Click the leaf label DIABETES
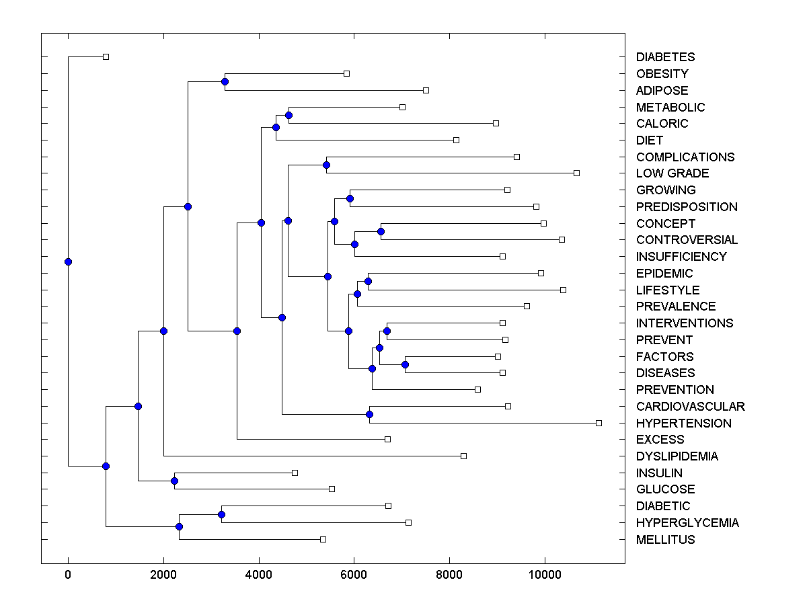665,57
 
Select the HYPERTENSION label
683,424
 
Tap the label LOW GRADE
672,173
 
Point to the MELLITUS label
665,540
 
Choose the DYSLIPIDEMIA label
677,456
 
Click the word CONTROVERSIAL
687,240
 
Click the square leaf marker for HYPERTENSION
599,423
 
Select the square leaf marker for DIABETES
106,57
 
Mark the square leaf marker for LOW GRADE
576,173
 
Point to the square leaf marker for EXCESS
387,439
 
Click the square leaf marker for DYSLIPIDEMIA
463,456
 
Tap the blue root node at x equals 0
68,261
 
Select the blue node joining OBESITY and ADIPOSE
225,82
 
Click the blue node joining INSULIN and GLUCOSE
174,481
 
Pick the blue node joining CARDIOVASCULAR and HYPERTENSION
369,415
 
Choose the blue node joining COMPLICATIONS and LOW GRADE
326,165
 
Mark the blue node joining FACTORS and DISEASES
405,364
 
